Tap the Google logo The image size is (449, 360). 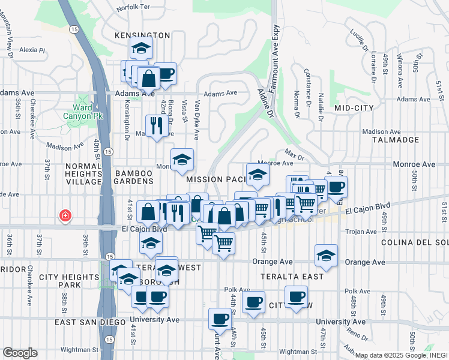(20, 353)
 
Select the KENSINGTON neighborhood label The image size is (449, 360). (142, 36)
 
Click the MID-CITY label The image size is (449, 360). (354, 108)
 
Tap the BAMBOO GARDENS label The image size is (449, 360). (133, 180)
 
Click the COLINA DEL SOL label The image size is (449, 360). (415, 242)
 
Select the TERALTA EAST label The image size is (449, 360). (285, 276)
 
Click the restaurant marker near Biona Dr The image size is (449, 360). (156, 126)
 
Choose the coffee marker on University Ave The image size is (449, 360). (220, 318)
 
